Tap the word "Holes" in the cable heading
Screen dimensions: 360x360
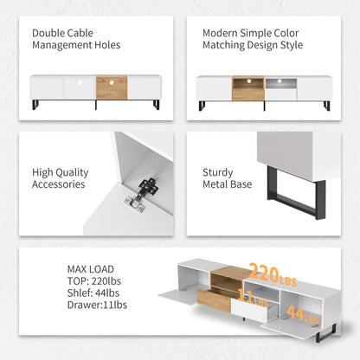[107, 45]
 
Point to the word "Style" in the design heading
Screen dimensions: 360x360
[292, 45]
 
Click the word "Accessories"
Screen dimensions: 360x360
[59, 184]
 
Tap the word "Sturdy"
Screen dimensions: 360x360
[218, 173]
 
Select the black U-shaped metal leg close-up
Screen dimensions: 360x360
[297, 193]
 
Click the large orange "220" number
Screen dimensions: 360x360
[265, 273]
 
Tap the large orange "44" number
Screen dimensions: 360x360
[295, 313]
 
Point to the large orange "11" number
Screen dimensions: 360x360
[246, 296]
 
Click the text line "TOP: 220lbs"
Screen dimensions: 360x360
[94, 281]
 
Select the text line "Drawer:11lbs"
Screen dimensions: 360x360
[97, 305]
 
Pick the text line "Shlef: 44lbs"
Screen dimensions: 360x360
[93, 293]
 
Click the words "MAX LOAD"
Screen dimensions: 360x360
[91, 269]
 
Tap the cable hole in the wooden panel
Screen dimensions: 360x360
[112, 82]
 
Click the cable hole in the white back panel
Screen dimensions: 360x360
[80, 82]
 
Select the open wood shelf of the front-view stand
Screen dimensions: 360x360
[248, 83]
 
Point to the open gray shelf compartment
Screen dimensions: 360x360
[281, 83]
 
